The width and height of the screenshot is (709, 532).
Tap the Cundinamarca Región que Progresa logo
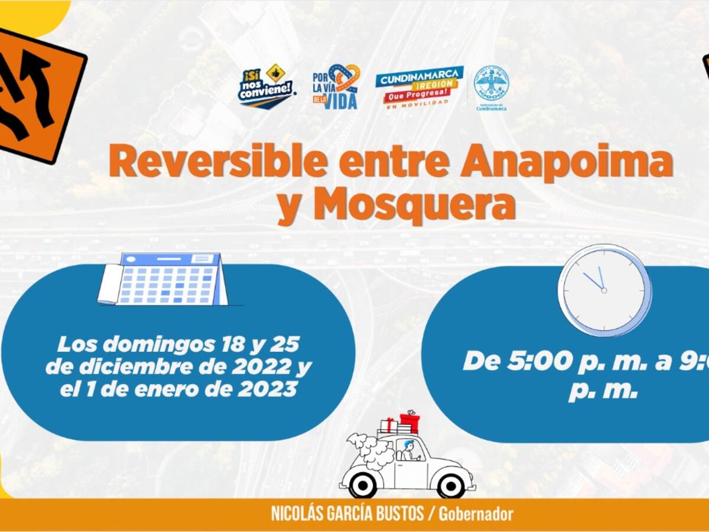coord(419,85)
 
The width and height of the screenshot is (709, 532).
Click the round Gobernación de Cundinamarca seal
coord(491,83)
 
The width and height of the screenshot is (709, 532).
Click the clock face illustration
coord(604,290)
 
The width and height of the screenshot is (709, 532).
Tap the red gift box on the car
coord(409,422)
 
